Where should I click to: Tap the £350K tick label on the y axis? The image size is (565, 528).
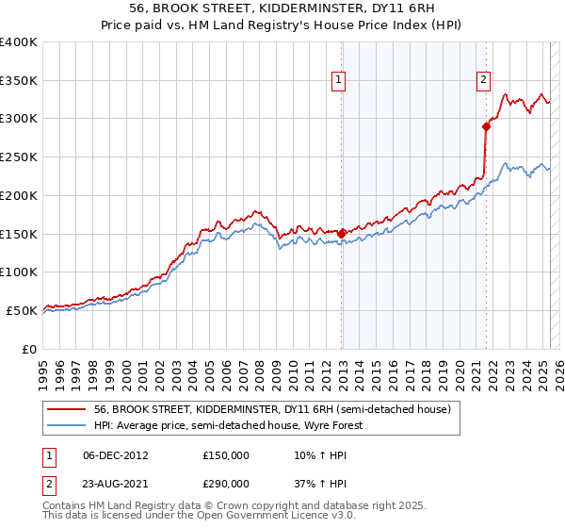(19, 81)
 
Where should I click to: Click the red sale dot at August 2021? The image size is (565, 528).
(487, 125)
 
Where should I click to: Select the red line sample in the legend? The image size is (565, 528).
(67, 409)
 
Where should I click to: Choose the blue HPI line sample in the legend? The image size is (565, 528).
(67, 425)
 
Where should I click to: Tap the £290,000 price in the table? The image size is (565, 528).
(226, 483)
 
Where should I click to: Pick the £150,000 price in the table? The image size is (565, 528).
(226, 455)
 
